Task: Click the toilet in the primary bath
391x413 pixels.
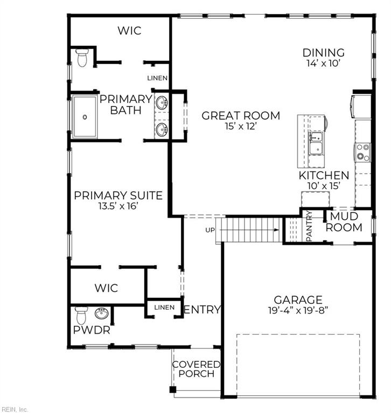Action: (x=82, y=58)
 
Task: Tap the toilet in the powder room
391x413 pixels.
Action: (x=81, y=315)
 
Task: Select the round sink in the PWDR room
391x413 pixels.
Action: (x=102, y=314)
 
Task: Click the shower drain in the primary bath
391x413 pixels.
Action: (x=85, y=117)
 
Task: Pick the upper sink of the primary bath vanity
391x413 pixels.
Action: (x=161, y=103)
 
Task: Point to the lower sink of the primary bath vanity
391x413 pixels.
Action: (x=161, y=130)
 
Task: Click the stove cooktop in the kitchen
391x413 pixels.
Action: (x=362, y=152)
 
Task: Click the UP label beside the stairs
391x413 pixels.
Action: (x=210, y=230)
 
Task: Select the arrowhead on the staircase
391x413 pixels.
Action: (x=276, y=230)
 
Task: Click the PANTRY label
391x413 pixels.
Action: (x=309, y=226)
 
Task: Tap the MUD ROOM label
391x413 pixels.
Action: (x=344, y=222)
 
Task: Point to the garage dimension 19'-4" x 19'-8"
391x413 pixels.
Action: (x=298, y=310)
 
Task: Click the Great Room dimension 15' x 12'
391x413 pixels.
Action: (x=241, y=126)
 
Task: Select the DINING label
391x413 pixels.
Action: (x=324, y=53)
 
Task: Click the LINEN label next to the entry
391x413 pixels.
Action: (x=164, y=308)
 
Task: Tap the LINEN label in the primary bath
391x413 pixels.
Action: (x=157, y=78)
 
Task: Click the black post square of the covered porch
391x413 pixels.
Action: (x=172, y=389)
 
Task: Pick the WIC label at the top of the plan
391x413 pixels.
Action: (x=130, y=31)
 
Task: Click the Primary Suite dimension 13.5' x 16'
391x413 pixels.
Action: (x=118, y=206)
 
